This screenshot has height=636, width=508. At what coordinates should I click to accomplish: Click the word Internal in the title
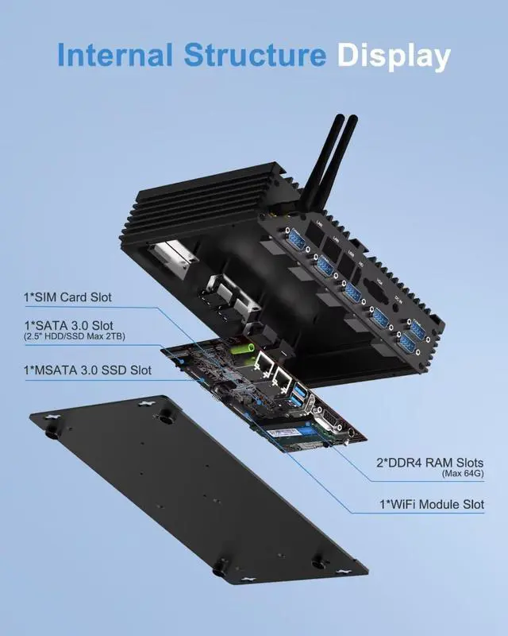(114, 56)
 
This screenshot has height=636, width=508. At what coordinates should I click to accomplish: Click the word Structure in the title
(254, 56)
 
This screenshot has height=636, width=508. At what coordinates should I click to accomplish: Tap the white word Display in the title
(394, 56)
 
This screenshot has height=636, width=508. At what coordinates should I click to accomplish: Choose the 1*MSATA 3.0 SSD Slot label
(87, 370)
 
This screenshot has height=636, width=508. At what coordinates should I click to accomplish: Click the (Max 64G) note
(463, 474)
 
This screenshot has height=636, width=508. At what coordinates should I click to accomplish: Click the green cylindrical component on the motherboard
(241, 347)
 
